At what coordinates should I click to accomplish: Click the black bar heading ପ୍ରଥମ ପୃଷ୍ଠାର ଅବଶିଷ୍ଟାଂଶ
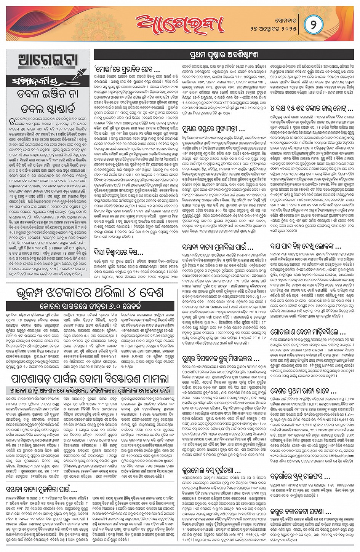pos(223,55)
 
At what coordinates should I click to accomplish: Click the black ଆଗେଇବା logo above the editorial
pos(48,61)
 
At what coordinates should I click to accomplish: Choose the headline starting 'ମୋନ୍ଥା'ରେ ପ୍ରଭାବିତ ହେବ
pos(127,70)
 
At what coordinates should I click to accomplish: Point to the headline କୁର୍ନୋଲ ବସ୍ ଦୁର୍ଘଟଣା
pos(211,470)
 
